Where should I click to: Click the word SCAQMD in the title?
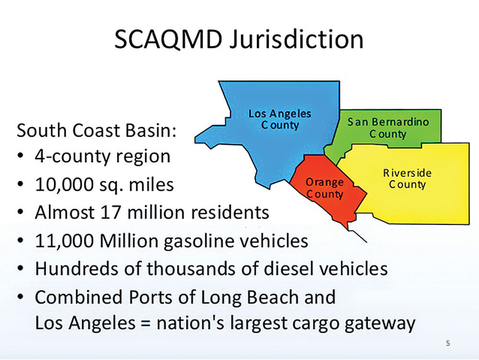click(x=168, y=39)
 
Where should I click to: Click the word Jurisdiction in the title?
click(x=297, y=40)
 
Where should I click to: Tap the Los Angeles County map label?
click(x=280, y=119)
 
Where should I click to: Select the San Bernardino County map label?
click(x=388, y=128)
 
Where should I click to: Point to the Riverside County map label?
click(x=407, y=178)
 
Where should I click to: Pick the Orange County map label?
click(x=325, y=188)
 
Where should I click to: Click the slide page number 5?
click(x=448, y=343)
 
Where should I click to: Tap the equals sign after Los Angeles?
click(x=146, y=323)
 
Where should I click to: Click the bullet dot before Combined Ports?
click(x=21, y=296)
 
